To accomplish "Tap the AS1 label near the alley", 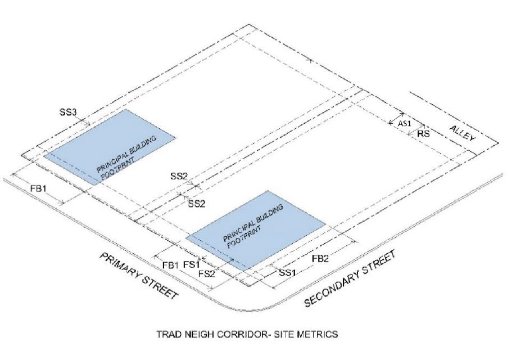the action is click(x=405, y=123).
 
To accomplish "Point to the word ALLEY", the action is click(x=463, y=134).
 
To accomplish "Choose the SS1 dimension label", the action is click(x=288, y=273).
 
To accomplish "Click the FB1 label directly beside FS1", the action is click(x=170, y=264).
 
